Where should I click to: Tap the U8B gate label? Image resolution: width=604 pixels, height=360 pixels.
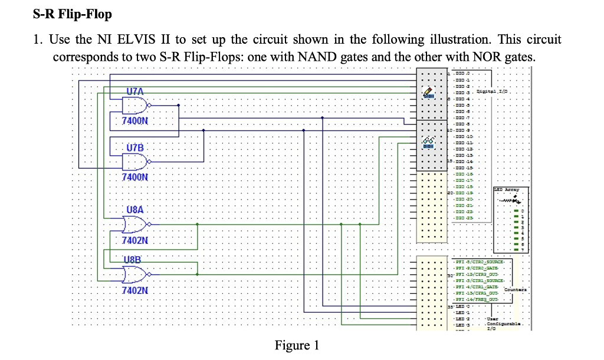click(133, 258)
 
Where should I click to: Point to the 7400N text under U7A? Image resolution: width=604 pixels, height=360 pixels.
click(135, 121)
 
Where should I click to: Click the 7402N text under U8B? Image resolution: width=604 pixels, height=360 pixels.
click(135, 290)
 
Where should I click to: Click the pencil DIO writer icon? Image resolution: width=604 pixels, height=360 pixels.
click(429, 92)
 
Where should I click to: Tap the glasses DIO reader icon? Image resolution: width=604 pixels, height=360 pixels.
click(429, 141)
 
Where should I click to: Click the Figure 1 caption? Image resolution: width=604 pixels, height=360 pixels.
click(297, 345)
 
